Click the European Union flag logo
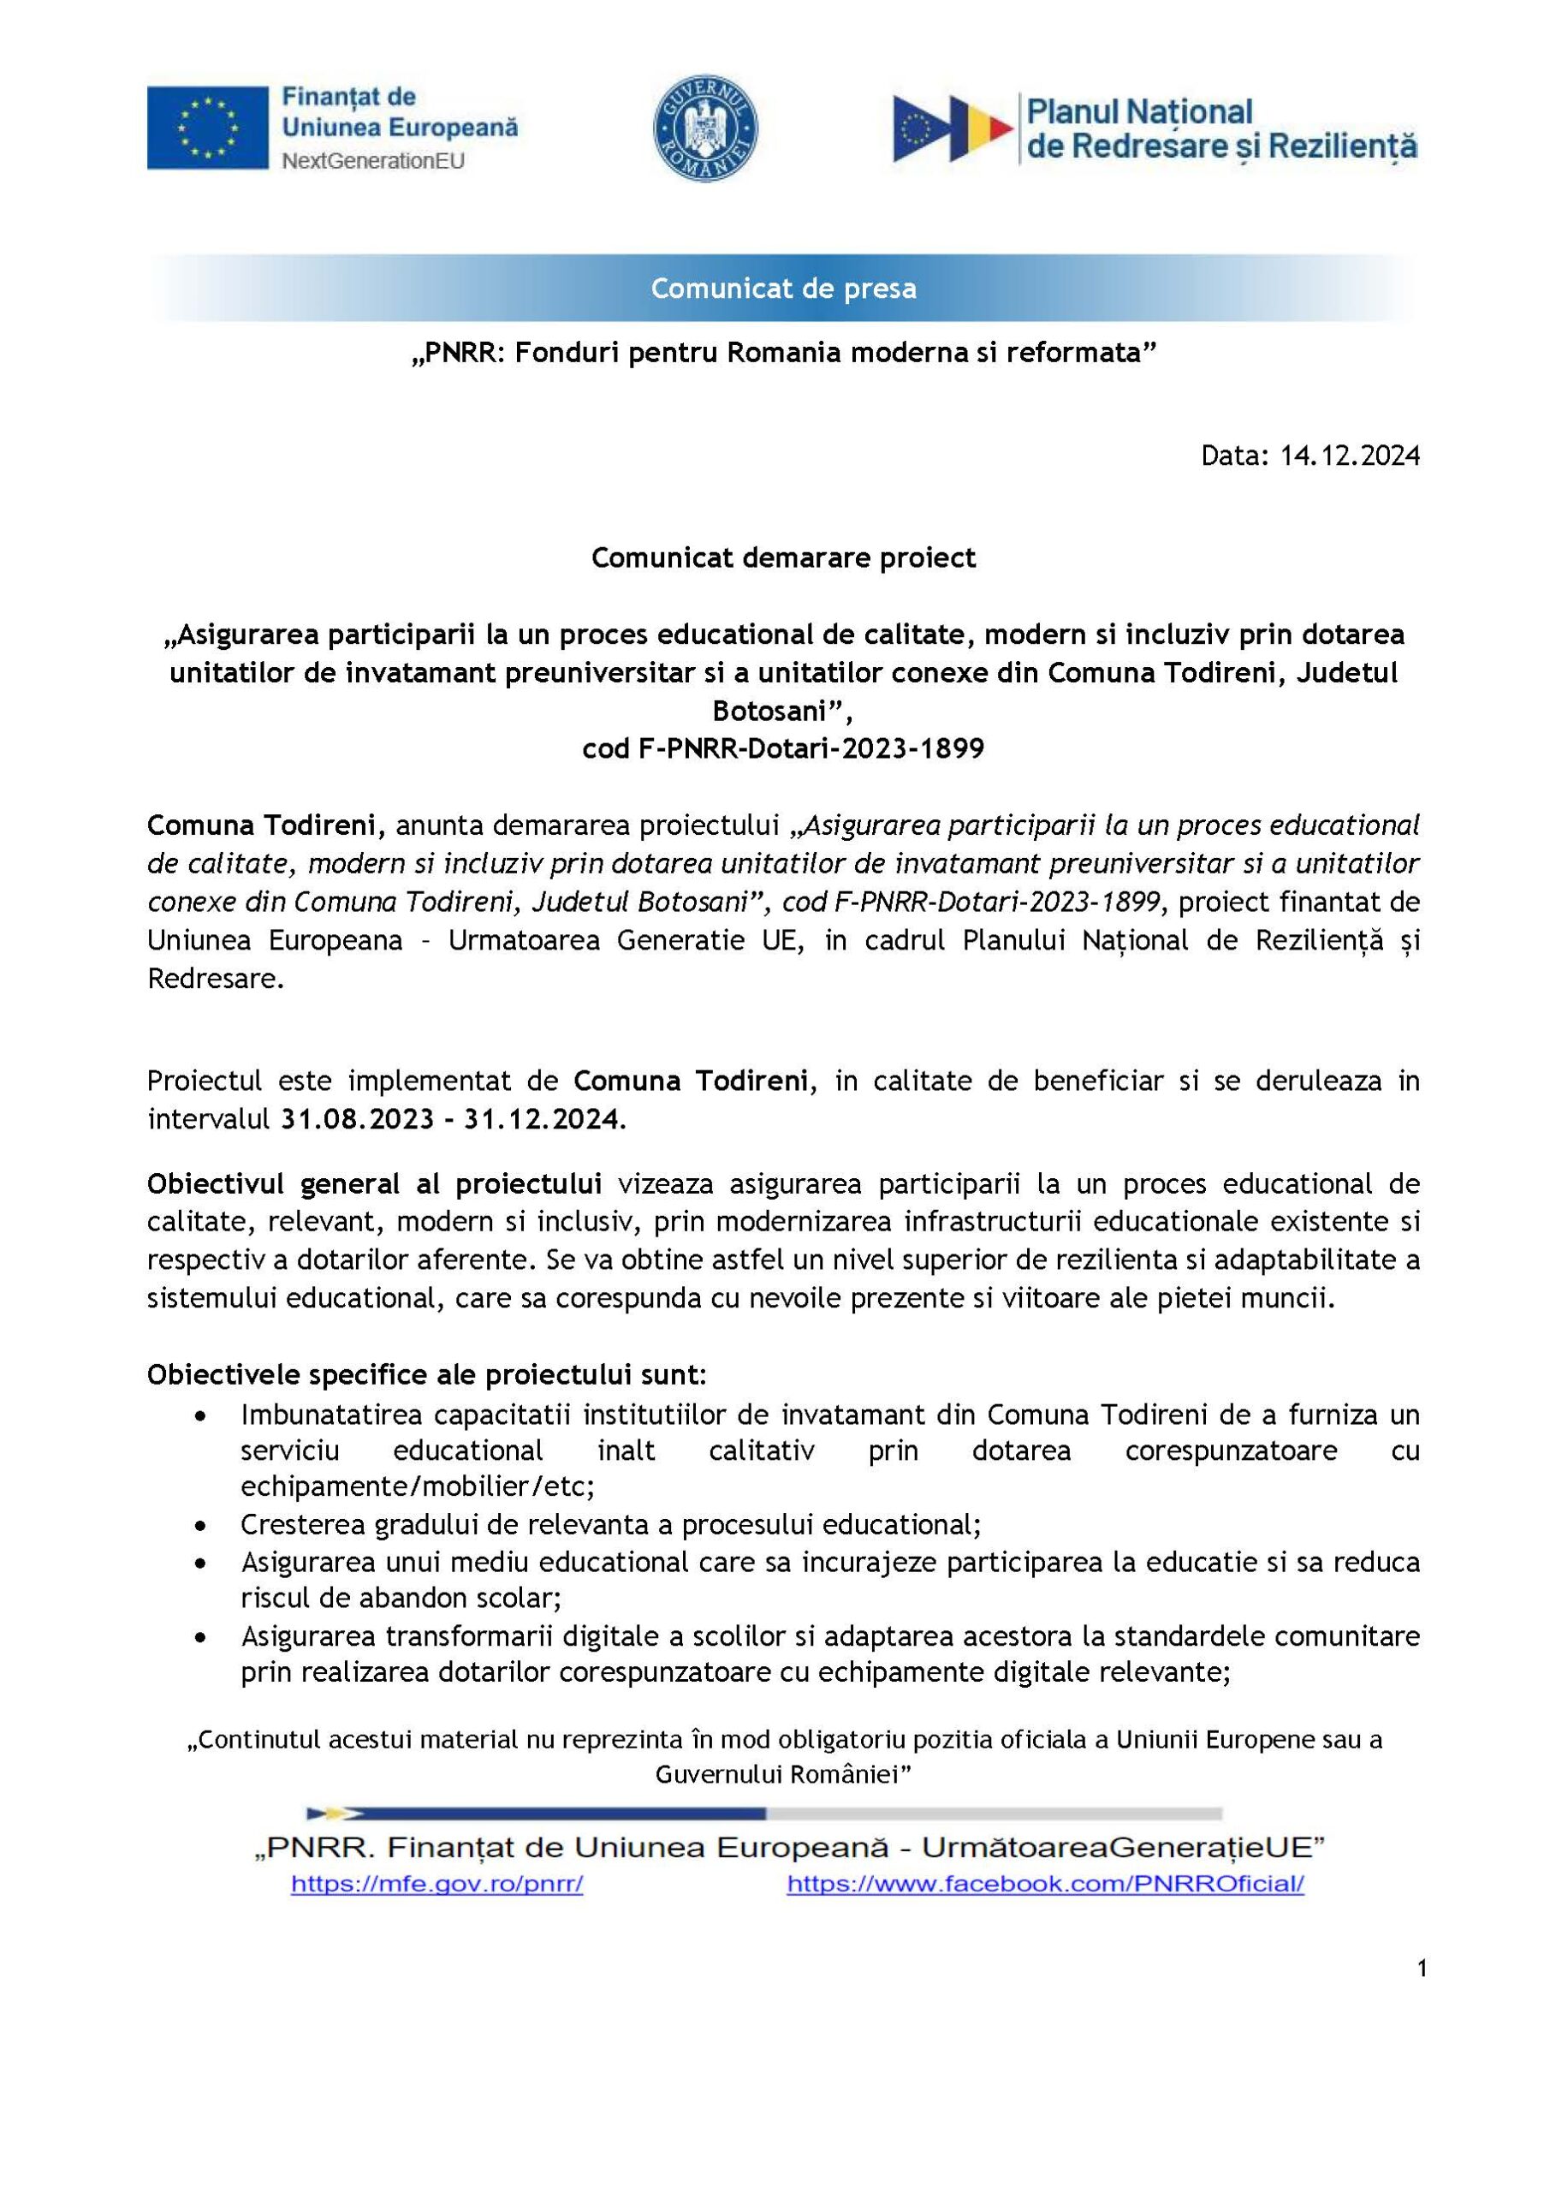point(207,128)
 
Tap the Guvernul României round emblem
point(705,128)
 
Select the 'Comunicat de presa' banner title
point(784,289)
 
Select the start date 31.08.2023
point(357,1119)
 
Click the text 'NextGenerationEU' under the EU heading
point(373,160)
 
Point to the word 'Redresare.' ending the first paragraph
point(216,979)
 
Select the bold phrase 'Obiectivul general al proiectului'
point(374,1184)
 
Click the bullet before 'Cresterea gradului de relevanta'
point(199,1527)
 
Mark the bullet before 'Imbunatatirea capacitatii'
point(199,1415)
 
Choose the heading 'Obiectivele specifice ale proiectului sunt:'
point(426,1375)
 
